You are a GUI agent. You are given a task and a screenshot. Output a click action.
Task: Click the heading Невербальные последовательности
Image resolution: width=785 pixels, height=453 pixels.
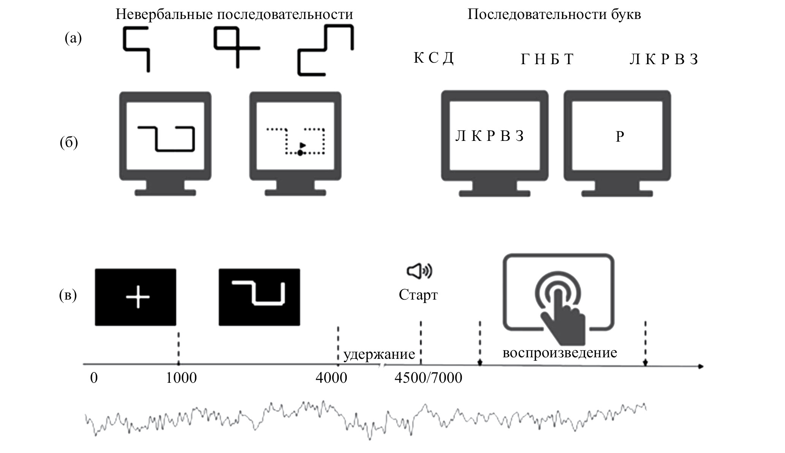click(234, 14)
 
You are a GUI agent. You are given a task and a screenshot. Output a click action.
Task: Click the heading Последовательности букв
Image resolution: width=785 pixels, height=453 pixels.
click(554, 14)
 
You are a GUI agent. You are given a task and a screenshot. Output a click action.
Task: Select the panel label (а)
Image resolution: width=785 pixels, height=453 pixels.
click(73, 38)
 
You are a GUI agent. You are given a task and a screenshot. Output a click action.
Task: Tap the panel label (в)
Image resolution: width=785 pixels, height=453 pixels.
click(68, 295)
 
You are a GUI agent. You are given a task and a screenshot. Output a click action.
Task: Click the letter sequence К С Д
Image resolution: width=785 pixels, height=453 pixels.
click(433, 58)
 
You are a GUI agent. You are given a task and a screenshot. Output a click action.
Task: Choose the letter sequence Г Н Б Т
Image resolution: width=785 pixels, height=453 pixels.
click(547, 59)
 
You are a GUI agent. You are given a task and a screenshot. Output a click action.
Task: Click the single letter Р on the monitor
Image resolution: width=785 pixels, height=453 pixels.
click(620, 137)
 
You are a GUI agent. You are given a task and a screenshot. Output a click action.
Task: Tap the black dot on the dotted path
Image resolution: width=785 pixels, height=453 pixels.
click(300, 153)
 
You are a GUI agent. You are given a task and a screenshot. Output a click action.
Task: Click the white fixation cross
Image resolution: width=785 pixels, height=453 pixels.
click(138, 297)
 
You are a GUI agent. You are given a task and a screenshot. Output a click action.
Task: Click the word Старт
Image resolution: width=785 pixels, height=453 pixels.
click(418, 295)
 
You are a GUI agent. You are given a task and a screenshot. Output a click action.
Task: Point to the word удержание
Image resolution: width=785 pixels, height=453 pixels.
click(379, 354)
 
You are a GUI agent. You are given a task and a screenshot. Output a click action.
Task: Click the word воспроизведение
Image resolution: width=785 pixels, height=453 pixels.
click(559, 353)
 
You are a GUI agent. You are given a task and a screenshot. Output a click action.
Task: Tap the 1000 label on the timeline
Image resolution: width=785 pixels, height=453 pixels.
click(182, 378)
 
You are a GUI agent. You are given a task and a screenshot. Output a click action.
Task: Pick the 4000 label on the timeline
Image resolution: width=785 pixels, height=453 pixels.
click(331, 378)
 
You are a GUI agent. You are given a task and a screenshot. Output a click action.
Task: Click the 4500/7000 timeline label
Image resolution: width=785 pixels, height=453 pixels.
click(428, 378)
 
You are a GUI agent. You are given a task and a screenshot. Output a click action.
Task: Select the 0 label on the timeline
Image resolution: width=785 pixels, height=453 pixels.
click(94, 378)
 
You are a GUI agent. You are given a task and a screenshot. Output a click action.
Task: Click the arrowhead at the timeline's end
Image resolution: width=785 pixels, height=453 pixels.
click(701, 366)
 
